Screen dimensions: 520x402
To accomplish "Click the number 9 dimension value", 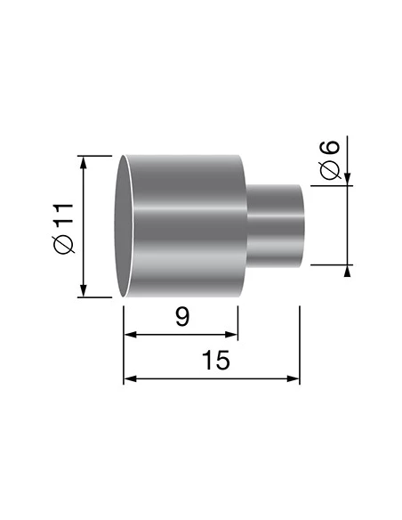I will (x=181, y=318).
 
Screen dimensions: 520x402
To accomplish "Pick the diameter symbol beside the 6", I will (x=328, y=170).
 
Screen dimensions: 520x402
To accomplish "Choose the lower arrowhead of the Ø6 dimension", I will (x=348, y=271).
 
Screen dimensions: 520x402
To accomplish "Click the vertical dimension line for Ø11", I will (x=84, y=227).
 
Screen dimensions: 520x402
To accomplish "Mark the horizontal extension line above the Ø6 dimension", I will (x=329, y=185).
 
